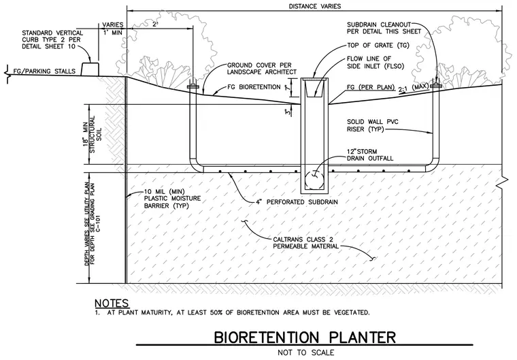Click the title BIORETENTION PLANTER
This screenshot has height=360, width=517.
(x=305, y=338)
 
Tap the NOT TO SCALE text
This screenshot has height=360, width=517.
(x=305, y=353)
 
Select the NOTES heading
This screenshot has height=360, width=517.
(x=112, y=303)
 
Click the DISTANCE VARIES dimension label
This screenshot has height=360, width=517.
(x=314, y=6)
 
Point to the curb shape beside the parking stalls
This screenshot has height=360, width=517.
(x=90, y=69)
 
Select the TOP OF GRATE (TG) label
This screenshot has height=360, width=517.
(x=378, y=45)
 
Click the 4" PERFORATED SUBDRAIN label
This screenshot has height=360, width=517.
(x=297, y=202)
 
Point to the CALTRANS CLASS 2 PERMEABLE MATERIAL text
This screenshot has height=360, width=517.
(x=305, y=243)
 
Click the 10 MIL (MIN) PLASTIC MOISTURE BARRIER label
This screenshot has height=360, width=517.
(x=172, y=198)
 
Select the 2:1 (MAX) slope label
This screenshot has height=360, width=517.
(x=414, y=88)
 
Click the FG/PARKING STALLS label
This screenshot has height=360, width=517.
(x=44, y=71)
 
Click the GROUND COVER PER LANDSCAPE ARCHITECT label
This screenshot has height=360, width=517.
(x=262, y=69)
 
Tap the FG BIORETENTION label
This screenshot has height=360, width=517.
(x=254, y=87)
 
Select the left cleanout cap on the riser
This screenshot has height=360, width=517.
(x=193, y=87)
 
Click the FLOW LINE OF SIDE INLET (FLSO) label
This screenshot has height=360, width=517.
(x=375, y=63)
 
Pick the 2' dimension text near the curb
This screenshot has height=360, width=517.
(x=155, y=24)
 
